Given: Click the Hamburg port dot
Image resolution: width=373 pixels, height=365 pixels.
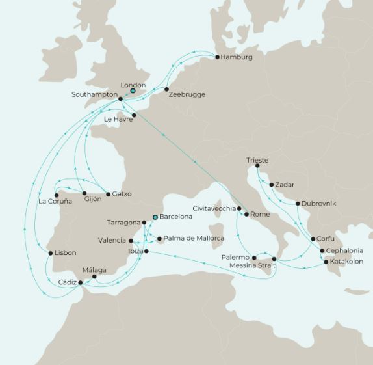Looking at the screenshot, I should (217, 57).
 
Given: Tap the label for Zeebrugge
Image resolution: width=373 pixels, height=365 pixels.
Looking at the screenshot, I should (186, 95).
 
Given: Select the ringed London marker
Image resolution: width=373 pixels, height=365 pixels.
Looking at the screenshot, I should (133, 91).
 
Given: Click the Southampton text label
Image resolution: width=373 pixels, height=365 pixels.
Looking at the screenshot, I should (94, 95).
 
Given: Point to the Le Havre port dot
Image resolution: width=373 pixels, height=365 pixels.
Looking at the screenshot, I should (134, 115).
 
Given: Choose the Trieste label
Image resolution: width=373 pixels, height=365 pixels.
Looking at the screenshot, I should (257, 160).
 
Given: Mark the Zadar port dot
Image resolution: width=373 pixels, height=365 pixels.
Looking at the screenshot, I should (272, 185).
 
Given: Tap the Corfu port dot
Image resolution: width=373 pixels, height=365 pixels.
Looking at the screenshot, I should (313, 239).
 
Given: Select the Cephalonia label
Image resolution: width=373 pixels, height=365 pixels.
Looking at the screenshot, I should (344, 250).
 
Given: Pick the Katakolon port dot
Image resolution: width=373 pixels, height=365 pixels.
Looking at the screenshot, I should (326, 262).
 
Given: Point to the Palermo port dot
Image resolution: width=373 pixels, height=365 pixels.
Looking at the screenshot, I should (254, 258).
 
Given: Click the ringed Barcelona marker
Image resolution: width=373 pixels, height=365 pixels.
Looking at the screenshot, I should (155, 217).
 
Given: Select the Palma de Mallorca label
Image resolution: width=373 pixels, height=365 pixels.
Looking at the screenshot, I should (194, 239).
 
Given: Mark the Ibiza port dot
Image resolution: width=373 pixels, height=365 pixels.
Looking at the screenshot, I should (146, 251).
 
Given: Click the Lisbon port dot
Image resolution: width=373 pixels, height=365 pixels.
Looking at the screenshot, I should (51, 253).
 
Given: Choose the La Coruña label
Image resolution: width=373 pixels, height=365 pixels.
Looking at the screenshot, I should (55, 202).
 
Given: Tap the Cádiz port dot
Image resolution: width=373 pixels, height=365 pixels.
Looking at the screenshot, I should (81, 282).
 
